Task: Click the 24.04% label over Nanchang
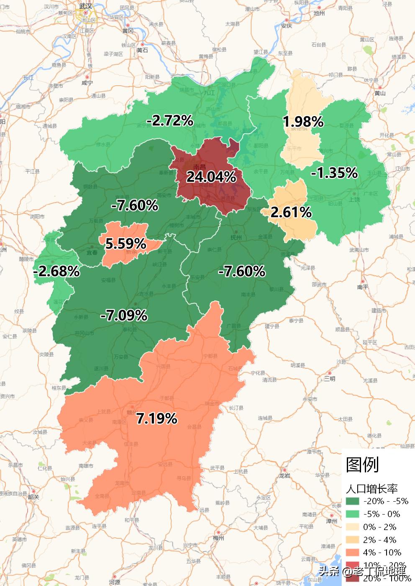(x=211, y=177)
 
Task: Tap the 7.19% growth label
(x=157, y=418)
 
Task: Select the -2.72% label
(x=170, y=121)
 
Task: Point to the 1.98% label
(x=303, y=122)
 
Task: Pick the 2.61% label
(x=291, y=212)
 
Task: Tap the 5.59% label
(x=126, y=243)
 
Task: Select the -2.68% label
(x=56, y=271)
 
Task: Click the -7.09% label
(x=123, y=315)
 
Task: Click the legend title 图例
(x=362, y=464)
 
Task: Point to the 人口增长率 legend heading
(x=371, y=489)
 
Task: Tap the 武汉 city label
(x=86, y=6)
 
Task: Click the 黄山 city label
(x=380, y=93)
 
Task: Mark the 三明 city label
(x=330, y=379)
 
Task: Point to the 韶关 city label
(x=33, y=497)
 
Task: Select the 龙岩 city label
(x=284, y=475)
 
